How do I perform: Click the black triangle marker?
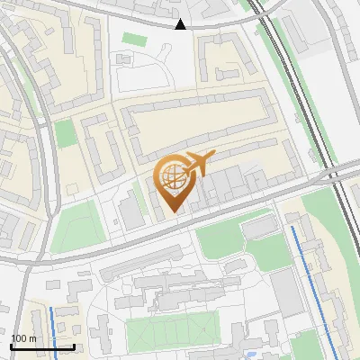181,24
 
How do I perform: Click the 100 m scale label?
24,337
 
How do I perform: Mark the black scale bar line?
42,346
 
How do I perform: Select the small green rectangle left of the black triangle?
134,39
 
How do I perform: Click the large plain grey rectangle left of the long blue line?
287,292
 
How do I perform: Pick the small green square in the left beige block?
65,133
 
